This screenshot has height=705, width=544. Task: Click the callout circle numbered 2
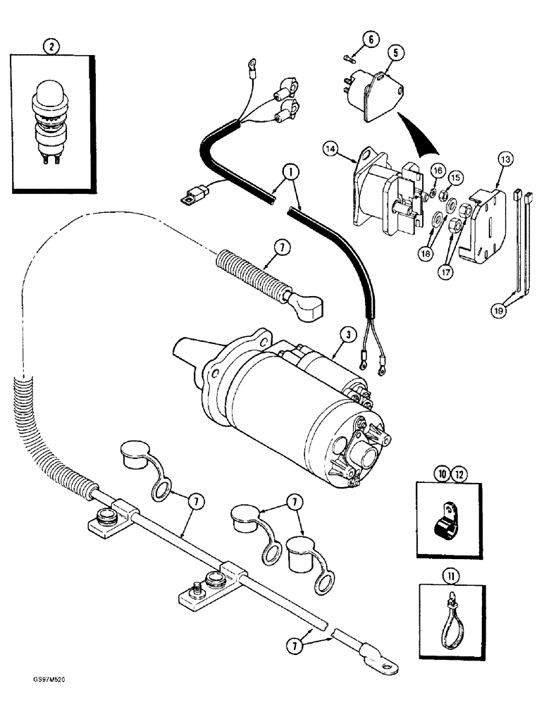(x=50, y=48)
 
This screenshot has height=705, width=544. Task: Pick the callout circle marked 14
(x=332, y=149)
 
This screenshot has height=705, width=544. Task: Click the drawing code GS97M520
(x=32, y=694)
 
